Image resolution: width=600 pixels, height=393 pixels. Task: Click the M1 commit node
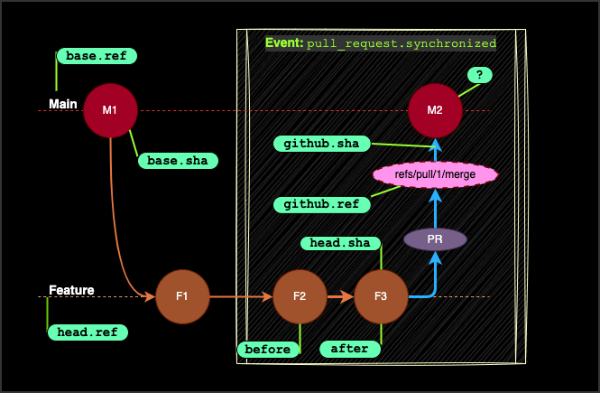[110, 110]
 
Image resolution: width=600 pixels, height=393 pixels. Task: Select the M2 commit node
[435, 110]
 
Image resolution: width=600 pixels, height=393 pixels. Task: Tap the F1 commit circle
[182, 296]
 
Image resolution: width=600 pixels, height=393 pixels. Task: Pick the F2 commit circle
[300, 296]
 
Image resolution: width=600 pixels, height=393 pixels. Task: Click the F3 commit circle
[381, 296]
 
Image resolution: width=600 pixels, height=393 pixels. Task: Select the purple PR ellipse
[435, 239]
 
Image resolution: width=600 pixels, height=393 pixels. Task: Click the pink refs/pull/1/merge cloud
[435, 174]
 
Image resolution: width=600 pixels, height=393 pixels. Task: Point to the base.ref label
[97, 56]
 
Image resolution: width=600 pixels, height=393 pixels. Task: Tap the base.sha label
[178, 161]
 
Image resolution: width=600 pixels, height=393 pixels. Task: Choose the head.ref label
[88, 332]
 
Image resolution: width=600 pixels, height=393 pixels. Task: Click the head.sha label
[340, 242]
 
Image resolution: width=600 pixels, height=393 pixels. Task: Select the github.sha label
[322, 144]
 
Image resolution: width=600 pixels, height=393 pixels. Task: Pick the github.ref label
[322, 204]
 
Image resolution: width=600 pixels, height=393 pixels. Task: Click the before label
[268, 350]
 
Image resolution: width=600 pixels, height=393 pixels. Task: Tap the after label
[349, 349]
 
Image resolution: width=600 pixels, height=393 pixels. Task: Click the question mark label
[479, 75]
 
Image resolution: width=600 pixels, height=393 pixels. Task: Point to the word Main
[63, 104]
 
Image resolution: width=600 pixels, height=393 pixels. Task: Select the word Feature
[71, 290]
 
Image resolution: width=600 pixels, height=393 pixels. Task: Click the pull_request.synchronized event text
[402, 43]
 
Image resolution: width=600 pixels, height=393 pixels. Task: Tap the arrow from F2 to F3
[340, 296]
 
